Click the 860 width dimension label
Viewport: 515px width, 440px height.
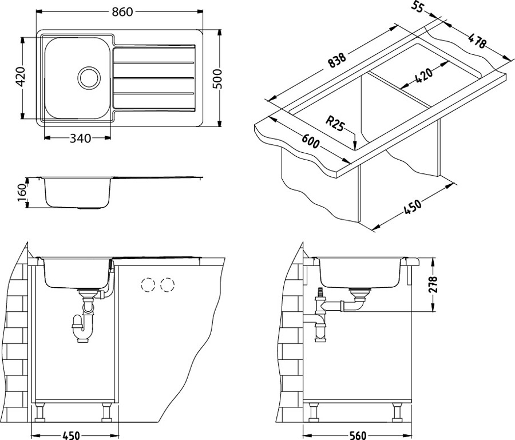tap(122, 12)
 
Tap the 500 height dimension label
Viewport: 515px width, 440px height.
tap(218, 79)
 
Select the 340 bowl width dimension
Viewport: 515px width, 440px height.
tap(81, 138)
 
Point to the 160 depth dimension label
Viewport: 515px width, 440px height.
tap(22, 194)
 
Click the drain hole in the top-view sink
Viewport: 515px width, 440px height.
tap(89, 77)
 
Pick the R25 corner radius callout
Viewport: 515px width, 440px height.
tap(335, 124)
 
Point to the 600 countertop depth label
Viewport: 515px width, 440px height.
tap(310, 141)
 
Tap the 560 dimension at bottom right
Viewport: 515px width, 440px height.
tap(357, 435)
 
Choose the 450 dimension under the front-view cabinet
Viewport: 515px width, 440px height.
tap(71, 435)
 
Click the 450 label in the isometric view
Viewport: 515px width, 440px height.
tap(411, 207)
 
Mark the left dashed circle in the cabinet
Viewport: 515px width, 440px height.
tap(148, 284)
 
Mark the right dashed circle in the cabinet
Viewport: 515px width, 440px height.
tap(168, 284)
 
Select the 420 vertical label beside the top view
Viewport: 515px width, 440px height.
tap(21, 77)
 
